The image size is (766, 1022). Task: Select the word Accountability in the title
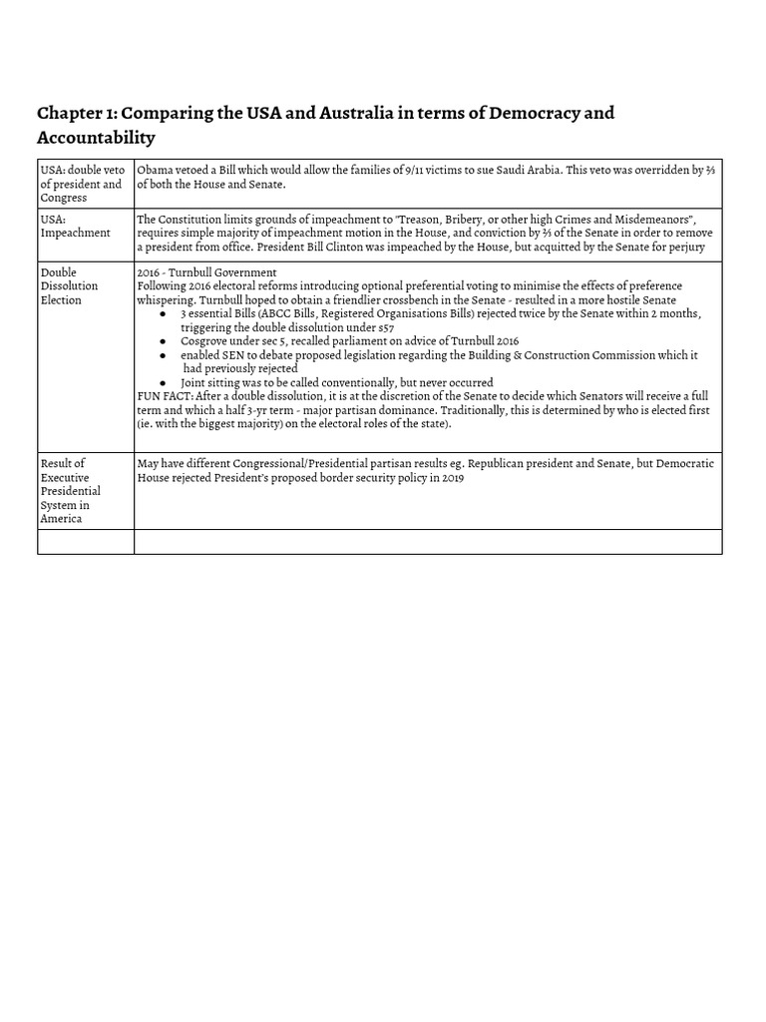point(96,137)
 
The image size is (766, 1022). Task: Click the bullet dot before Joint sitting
point(164,383)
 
